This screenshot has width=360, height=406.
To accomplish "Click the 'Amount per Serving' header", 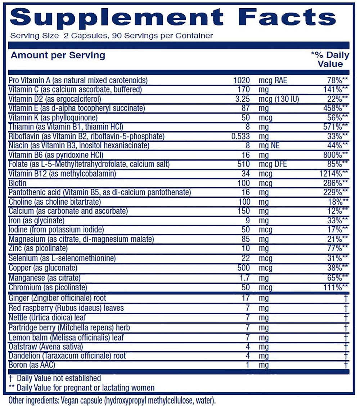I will pos(58,55).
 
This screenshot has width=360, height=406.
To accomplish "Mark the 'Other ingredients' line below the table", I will pos(112,400).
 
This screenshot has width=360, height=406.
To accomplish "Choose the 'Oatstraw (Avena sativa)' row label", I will pos(46,347).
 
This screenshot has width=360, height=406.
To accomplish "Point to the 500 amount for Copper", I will pos(244,268).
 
